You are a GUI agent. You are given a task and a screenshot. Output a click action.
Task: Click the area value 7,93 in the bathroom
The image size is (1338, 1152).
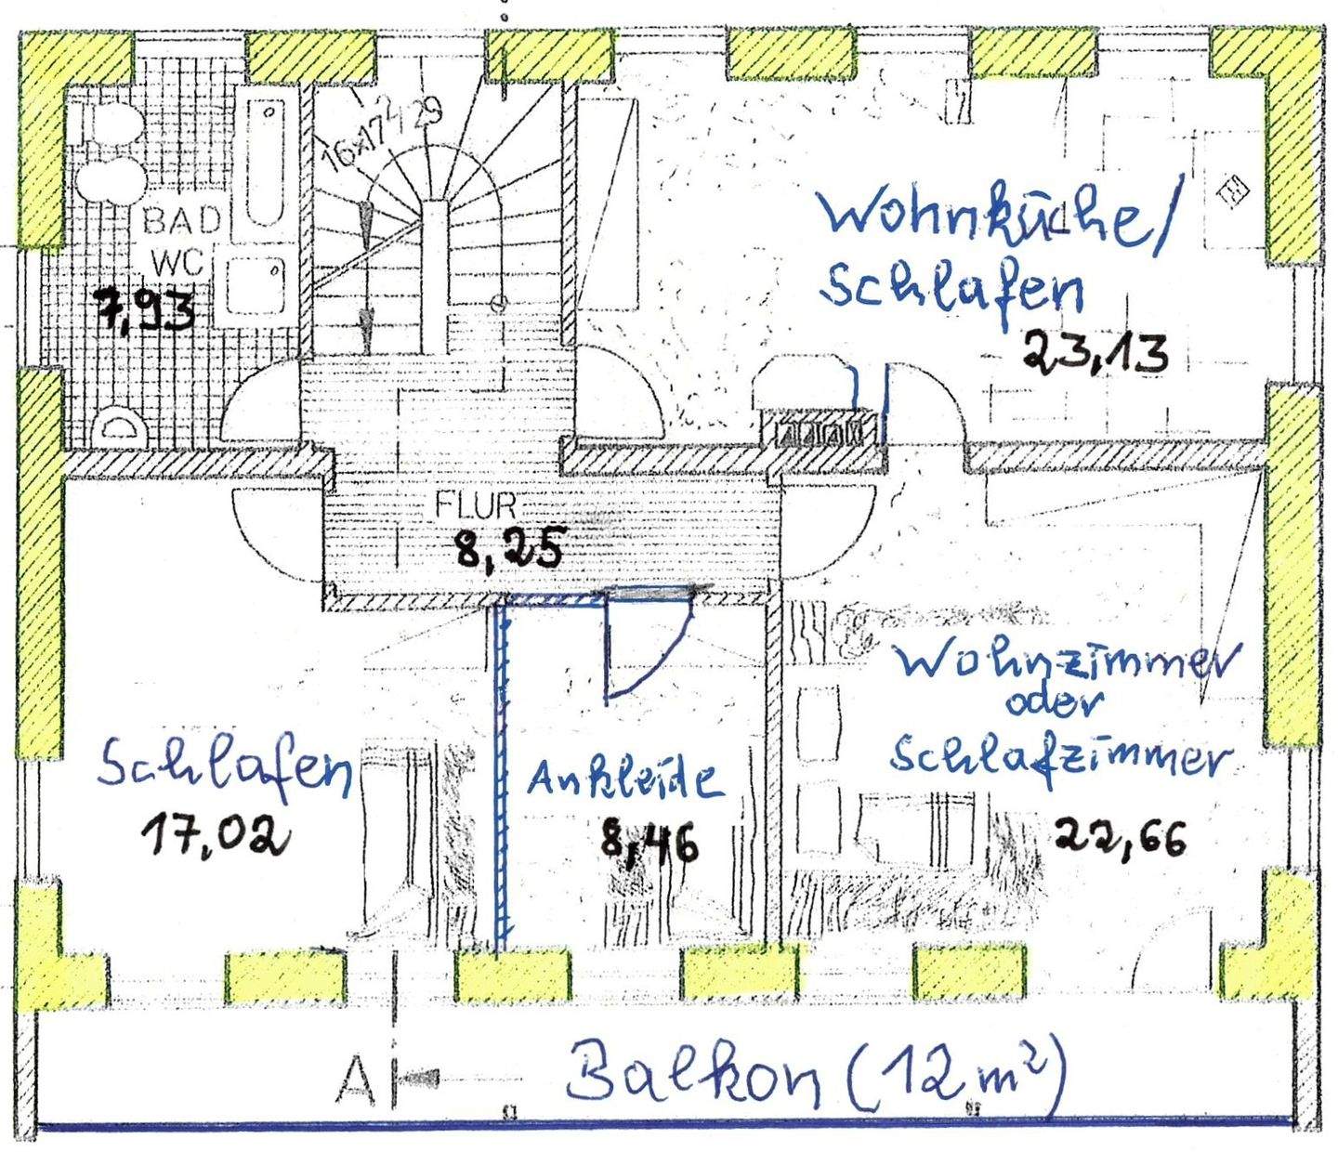(x=146, y=310)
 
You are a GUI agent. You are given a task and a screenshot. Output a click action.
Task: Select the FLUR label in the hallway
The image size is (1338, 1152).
(x=476, y=506)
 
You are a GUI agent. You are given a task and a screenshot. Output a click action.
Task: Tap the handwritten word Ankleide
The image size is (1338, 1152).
(x=624, y=779)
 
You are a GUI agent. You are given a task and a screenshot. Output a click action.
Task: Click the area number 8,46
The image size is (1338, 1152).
(x=648, y=844)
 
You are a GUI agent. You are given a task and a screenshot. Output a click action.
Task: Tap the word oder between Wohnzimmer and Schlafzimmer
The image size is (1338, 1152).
(x=1053, y=706)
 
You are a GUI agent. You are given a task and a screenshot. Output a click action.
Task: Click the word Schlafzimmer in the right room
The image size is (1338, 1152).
(x=1056, y=756)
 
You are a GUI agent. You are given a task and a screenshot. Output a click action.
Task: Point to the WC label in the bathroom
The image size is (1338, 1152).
(x=182, y=262)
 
